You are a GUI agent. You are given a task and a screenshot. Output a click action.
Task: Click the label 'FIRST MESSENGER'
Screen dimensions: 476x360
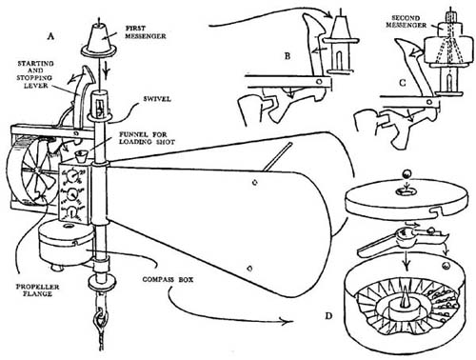(x=145, y=32)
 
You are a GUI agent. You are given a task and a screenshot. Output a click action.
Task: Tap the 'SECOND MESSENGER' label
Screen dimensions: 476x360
(x=407, y=21)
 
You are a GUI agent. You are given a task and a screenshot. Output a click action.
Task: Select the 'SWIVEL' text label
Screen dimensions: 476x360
(x=157, y=99)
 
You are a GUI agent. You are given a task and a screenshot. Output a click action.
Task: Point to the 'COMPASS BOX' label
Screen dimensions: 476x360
(x=168, y=280)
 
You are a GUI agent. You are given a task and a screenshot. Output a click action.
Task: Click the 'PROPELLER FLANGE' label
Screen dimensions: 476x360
(x=37, y=290)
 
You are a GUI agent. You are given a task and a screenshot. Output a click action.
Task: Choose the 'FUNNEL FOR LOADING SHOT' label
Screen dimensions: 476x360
(x=147, y=138)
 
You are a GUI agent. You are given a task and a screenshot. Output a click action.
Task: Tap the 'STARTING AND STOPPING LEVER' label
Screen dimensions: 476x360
(x=35, y=74)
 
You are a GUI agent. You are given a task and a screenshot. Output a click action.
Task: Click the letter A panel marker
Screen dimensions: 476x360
(x=50, y=37)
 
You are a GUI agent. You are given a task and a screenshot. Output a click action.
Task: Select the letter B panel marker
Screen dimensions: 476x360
(x=288, y=56)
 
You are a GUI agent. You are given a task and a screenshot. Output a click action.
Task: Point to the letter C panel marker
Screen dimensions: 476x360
(x=403, y=83)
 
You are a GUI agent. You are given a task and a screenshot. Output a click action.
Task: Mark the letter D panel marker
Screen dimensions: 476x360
(x=328, y=316)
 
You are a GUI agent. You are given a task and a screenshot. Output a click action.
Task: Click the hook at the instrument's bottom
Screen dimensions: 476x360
(x=101, y=319)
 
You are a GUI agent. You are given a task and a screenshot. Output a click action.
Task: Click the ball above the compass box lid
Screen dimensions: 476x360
(x=407, y=174)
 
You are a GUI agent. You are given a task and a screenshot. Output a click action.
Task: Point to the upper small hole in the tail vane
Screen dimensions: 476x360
(x=254, y=182)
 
